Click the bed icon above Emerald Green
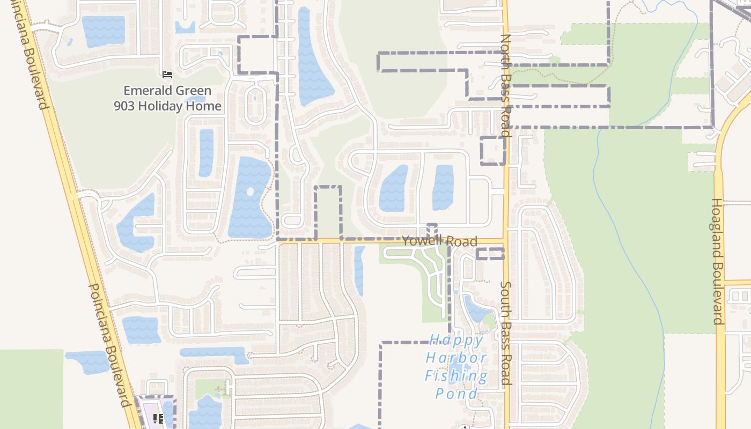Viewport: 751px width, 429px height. [x=167, y=74]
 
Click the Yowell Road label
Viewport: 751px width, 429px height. [x=439, y=241]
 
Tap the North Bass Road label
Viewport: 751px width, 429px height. [x=505, y=86]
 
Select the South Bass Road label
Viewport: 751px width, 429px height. [x=505, y=332]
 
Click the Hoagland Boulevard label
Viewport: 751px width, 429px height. [x=718, y=262]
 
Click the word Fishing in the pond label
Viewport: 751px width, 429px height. [x=456, y=375]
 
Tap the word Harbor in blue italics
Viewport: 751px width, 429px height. [x=456, y=358]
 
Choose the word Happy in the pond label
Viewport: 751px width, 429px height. [x=456, y=340]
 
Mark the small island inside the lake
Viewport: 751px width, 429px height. [x=249, y=191]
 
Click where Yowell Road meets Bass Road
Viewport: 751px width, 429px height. [x=505, y=241]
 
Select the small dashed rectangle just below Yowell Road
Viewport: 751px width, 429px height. [x=490, y=254]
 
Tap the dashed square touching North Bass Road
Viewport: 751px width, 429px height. [x=493, y=151]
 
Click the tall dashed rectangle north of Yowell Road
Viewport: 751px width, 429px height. [x=327, y=212]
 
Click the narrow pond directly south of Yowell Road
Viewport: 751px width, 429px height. [x=359, y=270]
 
